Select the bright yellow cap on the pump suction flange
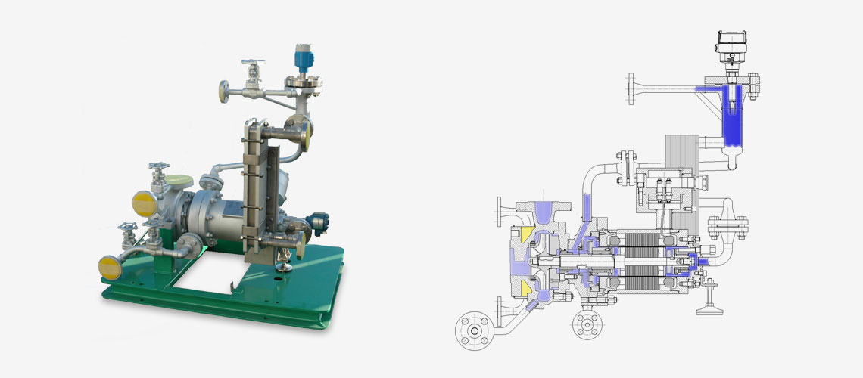pos(142,203)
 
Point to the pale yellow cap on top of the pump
pos(180,181)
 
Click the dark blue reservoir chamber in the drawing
pos(731,117)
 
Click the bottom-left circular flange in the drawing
pos(475,330)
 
